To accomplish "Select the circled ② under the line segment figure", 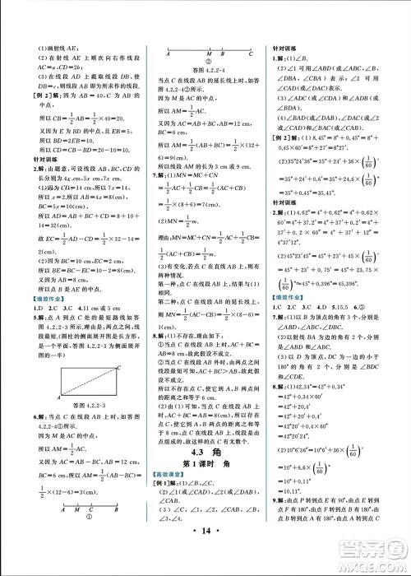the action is [209, 62].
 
